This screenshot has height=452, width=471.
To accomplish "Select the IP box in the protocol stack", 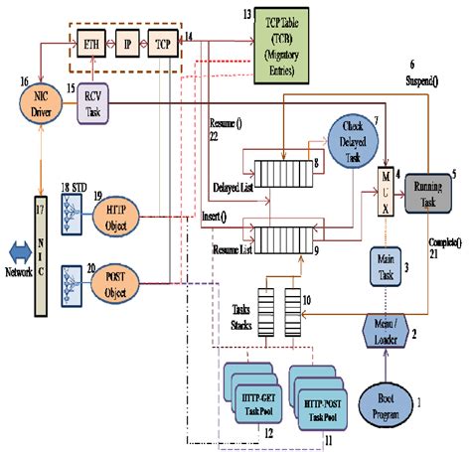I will coord(126,45).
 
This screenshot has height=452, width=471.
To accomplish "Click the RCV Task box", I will coord(92,106).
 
